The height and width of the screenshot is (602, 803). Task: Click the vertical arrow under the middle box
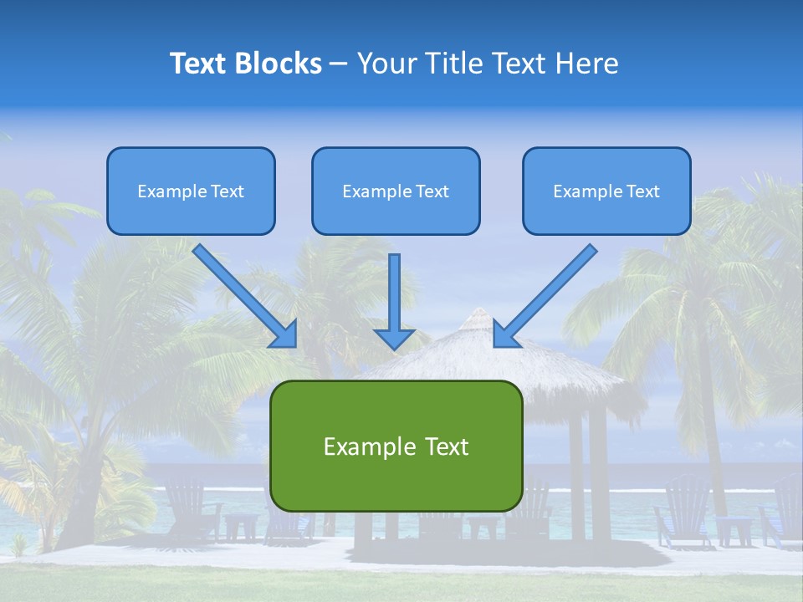[395, 293]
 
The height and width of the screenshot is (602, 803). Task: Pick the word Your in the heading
[386, 64]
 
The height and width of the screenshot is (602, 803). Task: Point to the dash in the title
[339, 64]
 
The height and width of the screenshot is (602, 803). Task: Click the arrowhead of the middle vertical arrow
[395, 339]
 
